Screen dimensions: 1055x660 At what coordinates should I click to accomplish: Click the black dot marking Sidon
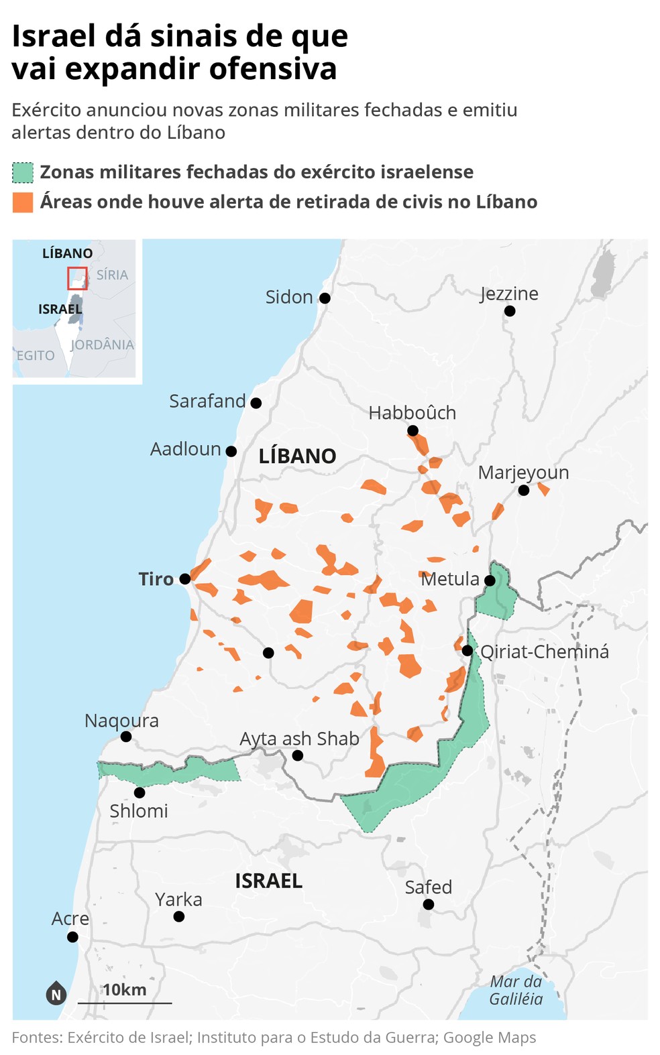(x=325, y=298)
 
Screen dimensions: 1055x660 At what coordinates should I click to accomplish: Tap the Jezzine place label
(x=509, y=294)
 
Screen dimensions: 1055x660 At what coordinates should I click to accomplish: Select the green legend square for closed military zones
(x=23, y=173)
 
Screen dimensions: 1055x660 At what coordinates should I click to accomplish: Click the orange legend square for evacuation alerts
(x=23, y=202)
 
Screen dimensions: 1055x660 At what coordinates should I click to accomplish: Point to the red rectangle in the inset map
(x=77, y=278)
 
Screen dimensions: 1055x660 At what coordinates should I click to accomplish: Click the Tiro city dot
(x=185, y=578)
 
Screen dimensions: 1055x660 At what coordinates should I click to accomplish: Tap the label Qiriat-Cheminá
(x=545, y=651)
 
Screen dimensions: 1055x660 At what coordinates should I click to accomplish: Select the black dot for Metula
(x=490, y=580)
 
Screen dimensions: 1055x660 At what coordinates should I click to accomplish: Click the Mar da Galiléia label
(x=516, y=990)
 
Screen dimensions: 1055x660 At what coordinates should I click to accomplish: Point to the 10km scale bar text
(x=124, y=990)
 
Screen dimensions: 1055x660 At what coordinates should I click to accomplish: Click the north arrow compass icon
(x=56, y=993)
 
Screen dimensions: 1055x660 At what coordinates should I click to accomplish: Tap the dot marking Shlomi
(x=140, y=792)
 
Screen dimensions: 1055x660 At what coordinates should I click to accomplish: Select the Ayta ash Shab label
(x=299, y=738)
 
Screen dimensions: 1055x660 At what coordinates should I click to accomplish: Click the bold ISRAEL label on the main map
(x=268, y=881)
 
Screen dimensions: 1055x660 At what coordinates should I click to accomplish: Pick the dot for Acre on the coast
(x=72, y=937)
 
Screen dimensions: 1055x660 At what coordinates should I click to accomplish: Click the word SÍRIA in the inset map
(x=112, y=275)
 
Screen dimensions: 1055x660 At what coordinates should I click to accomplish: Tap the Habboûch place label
(x=412, y=413)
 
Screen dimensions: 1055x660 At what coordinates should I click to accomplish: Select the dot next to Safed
(x=429, y=905)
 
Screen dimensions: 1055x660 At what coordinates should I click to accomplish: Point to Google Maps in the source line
(x=490, y=1038)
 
